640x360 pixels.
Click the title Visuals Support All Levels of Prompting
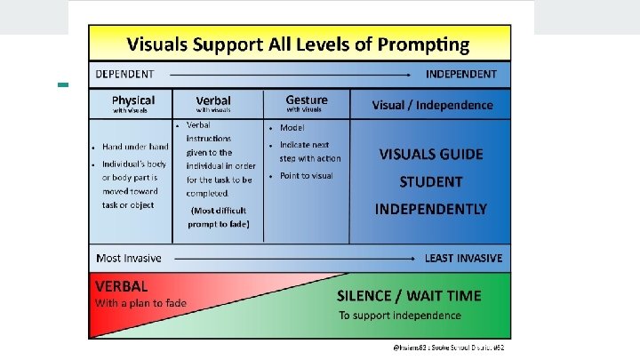[298, 43]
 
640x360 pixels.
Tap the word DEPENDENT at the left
[124, 74]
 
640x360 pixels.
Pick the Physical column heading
[133, 100]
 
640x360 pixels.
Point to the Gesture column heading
[307, 100]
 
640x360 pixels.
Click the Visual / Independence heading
[432, 105]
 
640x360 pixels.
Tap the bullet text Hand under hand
[135, 147]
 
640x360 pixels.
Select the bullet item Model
[292, 126]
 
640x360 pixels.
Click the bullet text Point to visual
[307, 176]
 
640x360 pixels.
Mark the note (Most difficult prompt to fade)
[219, 217]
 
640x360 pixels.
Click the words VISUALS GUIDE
[431, 154]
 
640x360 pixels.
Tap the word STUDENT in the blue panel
[431, 181]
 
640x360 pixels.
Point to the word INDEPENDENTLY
[431, 209]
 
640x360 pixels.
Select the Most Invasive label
[129, 258]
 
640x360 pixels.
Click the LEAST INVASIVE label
[463, 258]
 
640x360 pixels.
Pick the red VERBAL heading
[122, 286]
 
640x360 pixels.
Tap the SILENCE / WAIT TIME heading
[410, 296]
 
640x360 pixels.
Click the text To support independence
[400, 316]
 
